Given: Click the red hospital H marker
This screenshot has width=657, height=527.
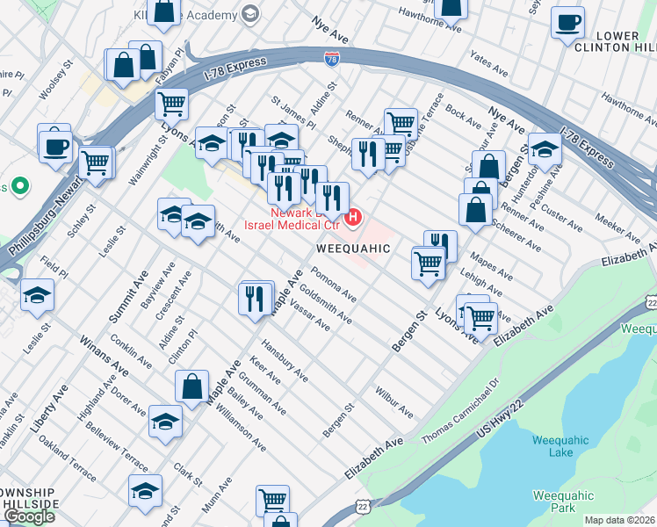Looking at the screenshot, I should [x=354, y=216].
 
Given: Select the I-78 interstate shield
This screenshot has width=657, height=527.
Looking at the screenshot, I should [x=332, y=60].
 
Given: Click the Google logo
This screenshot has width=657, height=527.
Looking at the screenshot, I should [x=29, y=516].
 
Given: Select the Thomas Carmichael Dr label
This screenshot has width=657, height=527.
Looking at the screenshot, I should [x=459, y=411].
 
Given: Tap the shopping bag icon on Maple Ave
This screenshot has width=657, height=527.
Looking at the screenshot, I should [x=191, y=386].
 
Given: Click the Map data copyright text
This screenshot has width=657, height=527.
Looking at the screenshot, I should [x=619, y=520].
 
